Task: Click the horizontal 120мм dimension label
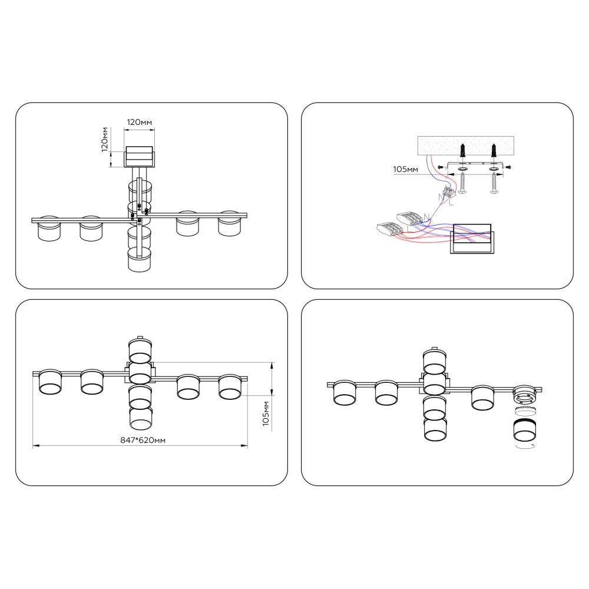click(x=140, y=122)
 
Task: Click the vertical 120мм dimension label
click(x=105, y=140)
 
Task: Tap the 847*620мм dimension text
click(x=143, y=440)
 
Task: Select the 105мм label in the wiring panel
click(x=405, y=170)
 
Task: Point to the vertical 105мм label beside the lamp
click(x=266, y=413)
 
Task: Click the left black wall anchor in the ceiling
click(x=463, y=151)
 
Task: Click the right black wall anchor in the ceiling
click(x=494, y=151)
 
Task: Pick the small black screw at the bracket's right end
click(x=508, y=167)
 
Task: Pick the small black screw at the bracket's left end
click(x=441, y=167)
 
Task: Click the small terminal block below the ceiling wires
click(x=449, y=193)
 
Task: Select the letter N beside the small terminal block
click(x=441, y=197)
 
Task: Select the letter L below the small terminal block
click(x=451, y=203)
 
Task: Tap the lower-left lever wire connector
click(x=389, y=228)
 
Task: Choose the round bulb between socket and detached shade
click(x=525, y=410)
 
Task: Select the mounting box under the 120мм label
click(x=139, y=157)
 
